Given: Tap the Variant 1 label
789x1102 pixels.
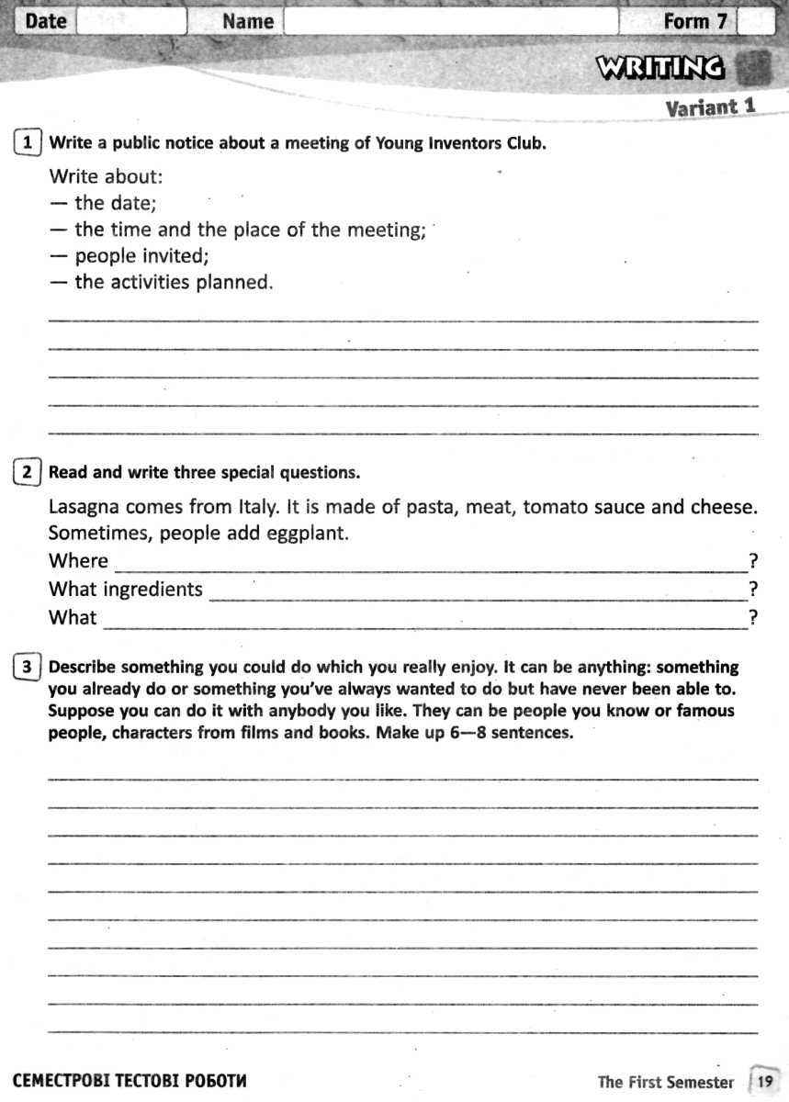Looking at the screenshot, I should pos(710,107).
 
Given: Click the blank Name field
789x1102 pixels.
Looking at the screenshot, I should pos(450,21).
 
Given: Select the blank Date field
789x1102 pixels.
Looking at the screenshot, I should pos(130,21).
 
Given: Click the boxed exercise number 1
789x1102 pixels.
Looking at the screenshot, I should pos(28,142).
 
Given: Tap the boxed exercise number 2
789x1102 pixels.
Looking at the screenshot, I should pos(28,472).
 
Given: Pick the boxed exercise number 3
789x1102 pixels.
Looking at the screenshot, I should pos(28,668).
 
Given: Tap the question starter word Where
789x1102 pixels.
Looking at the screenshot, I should pos(78,561).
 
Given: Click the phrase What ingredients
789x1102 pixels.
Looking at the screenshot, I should pos(125,590).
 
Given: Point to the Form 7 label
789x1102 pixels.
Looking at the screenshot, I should pos(694,21).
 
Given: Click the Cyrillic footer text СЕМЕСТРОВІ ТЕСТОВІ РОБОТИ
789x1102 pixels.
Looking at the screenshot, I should pos(130,1081).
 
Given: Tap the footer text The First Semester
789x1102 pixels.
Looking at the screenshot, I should pos(665,1082).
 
